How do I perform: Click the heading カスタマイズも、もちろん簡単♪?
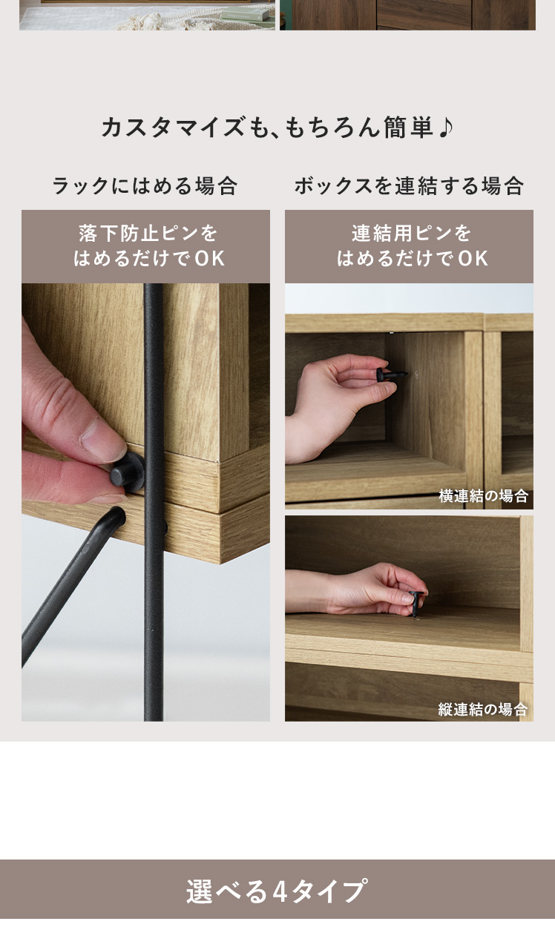(x=277, y=127)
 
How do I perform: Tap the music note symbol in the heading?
(x=445, y=127)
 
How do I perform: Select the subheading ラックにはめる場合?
(x=145, y=185)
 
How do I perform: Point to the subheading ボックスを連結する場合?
(x=410, y=185)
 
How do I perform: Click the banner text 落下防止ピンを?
(x=148, y=233)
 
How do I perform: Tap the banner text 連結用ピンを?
(x=411, y=233)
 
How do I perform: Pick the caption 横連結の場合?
(x=483, y=495)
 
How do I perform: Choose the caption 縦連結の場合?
(x=483, y=709)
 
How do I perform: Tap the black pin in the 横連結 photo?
(x=392, y=375)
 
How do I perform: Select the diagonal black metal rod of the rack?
(x=73, y=587)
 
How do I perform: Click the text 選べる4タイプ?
(x=277, y=891)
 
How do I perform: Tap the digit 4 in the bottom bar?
(x=280, y=892)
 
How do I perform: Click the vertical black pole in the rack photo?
(x=154, y=502)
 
